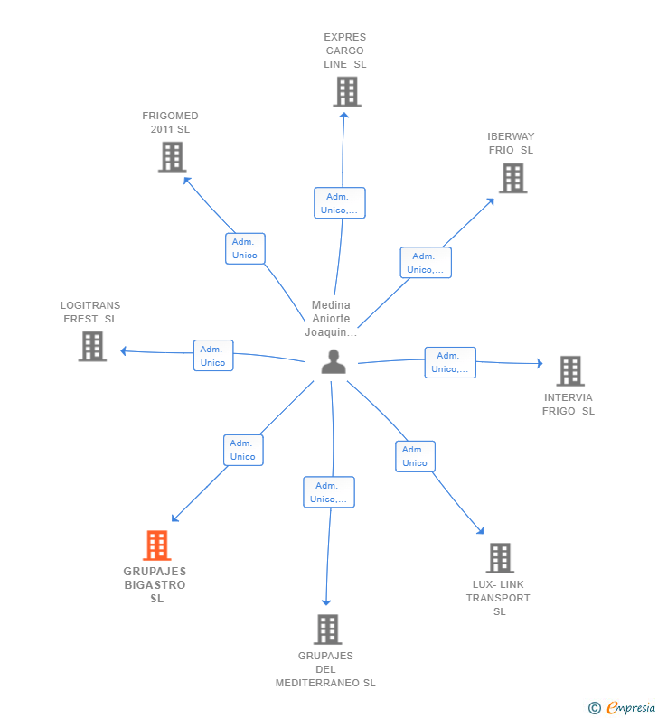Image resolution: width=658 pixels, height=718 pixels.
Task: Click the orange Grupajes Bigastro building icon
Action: pyautogui.click(x=156, y=545)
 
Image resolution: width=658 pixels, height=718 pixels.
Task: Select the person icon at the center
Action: pyautogui.click(x=334, y=362)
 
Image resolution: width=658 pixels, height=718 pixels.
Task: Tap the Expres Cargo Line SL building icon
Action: pyautogui.click(x=347, y=91)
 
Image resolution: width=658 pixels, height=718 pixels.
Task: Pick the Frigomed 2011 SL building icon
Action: pyautogui.click(x=173, y=157)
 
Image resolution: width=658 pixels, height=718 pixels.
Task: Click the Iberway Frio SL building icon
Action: pyautogui.click(x=513, y=178)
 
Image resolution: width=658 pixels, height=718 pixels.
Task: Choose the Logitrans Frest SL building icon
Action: pyautogui.click(x=92, y=347)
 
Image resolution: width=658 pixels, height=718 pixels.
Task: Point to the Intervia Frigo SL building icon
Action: pyautogui.click(x=570, y=371)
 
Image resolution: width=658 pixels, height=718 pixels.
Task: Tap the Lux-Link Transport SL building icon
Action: pyautogui.click(x=500, y=558)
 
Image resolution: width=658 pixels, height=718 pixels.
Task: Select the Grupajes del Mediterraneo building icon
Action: pyautogui.click(x=328, y=629)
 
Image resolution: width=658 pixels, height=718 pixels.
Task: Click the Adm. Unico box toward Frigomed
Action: pyautogui.click(x=245, y=248)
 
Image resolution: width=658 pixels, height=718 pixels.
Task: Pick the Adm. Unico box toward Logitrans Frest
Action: pyautogui.click(x=213, y=355)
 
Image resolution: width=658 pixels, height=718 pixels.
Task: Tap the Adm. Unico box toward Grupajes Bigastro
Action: pyautogui.click(x=243, y=450)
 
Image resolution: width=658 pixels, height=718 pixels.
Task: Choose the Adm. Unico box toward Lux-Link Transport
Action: pyautogui.click(x=415, y=456)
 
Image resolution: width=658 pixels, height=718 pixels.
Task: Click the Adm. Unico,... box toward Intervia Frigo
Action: pyautogui.click(x=450, y=363)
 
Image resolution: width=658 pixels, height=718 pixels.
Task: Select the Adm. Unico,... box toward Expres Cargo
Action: pyautogui.click(x=340, y=203)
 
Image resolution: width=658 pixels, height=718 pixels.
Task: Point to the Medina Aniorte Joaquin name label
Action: pyautogui.click(x=331, y=319)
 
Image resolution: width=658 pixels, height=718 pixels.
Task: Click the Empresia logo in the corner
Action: pyautogui.click(x=622, y=707)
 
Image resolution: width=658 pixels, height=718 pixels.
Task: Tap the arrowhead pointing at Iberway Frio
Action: pyautogui.click(x=491, y=201)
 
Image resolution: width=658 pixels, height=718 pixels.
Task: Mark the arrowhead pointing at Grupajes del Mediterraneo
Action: pyautogui.click(x=326, y=602)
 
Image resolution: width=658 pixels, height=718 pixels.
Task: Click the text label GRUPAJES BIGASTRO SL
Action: pyautogui.click(x=155, y=584)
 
